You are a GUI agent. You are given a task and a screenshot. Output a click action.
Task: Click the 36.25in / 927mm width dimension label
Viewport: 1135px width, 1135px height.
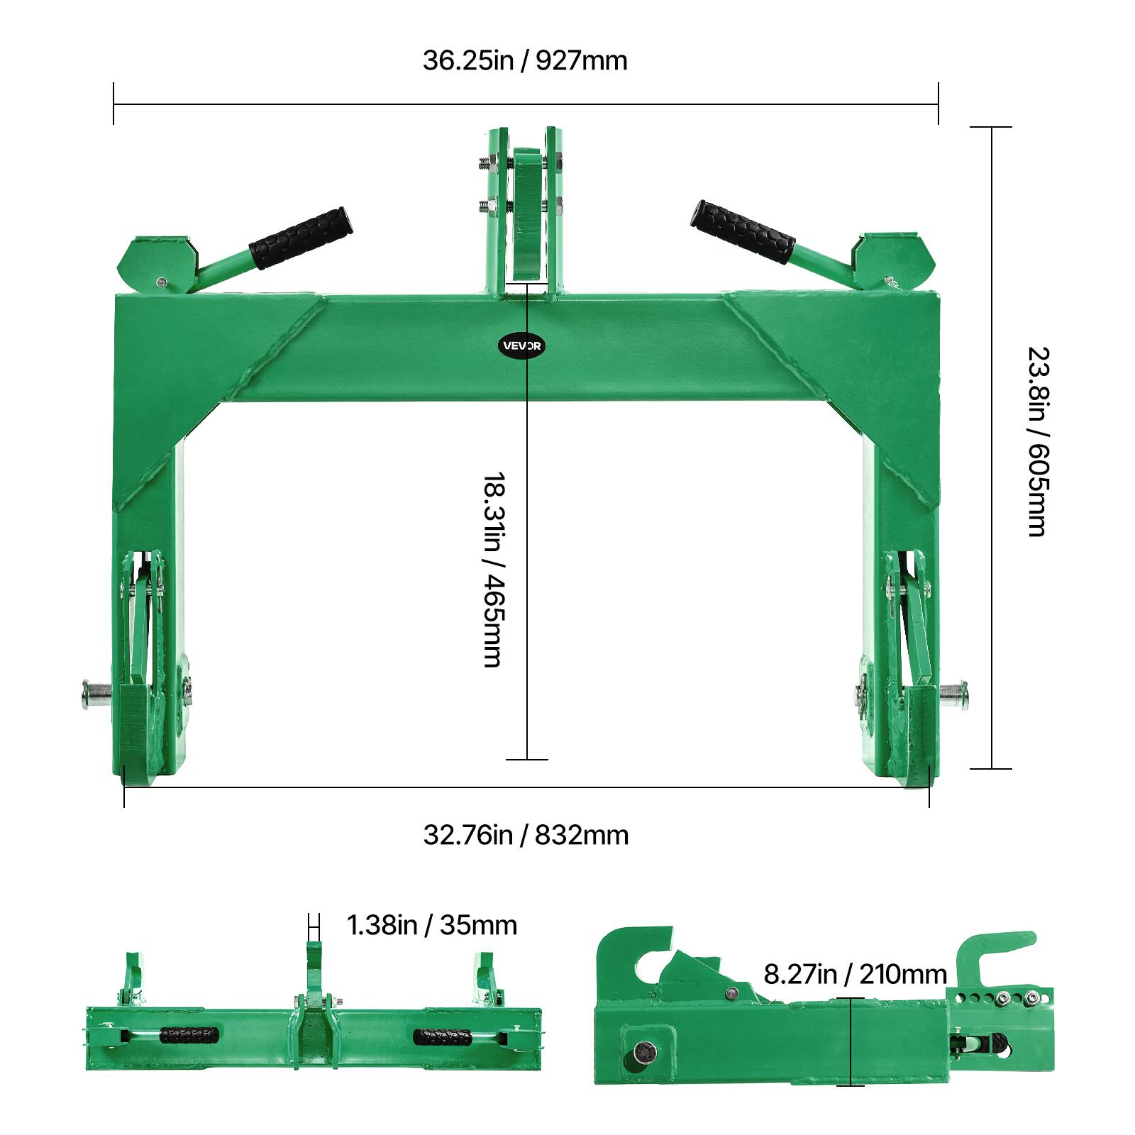[525, 60]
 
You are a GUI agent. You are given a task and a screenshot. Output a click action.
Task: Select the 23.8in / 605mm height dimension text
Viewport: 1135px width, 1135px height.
[1037, 441]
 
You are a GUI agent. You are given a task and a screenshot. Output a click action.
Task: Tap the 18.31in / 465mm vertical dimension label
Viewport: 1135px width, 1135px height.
[492, 570]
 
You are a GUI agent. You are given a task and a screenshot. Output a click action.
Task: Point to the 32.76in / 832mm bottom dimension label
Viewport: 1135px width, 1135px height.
[526, 835]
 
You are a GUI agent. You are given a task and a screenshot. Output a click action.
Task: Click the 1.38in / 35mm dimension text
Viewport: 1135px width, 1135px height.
[431, 925]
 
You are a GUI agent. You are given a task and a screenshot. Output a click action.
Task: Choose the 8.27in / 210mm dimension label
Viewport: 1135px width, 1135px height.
[855, 974]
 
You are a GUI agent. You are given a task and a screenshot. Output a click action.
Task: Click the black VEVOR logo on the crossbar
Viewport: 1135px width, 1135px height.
[523, 346]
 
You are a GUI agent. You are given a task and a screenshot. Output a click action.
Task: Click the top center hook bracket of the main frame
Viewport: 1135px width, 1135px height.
[526, 213]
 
